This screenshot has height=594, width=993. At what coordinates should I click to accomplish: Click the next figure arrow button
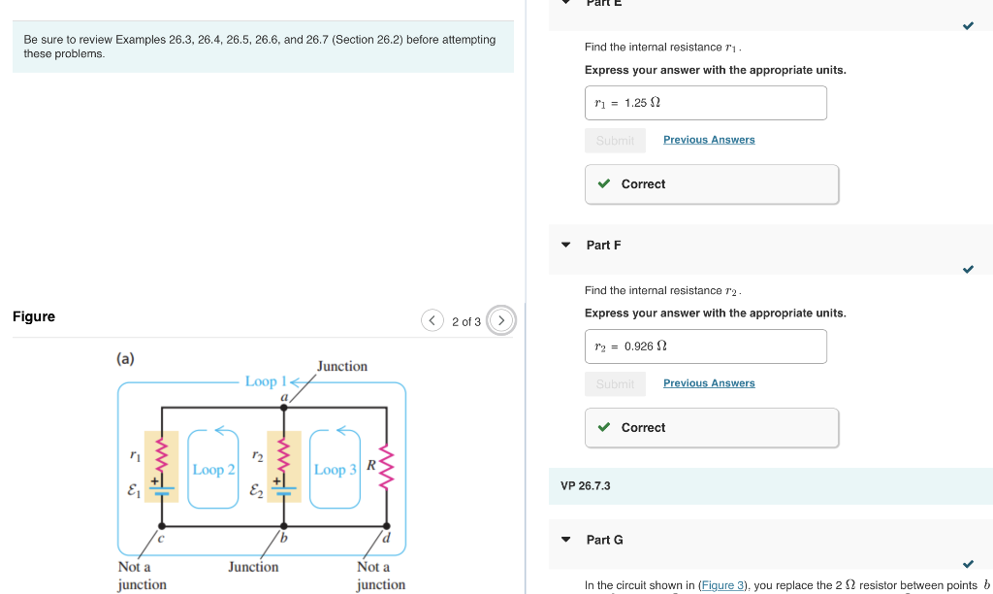(x=501, y=320)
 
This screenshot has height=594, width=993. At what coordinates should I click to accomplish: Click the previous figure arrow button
(x=432, y=320)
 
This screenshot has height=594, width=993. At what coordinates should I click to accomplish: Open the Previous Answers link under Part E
(x=709, y=140)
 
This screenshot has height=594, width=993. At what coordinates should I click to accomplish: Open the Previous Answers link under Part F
(x=709, y=383)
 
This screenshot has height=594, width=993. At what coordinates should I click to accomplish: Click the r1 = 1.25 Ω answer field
(x=705, y=103)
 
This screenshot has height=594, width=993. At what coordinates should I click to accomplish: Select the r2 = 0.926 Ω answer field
(x=705, y=346)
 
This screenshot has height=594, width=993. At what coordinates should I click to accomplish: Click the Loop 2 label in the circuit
(x=213, y=470)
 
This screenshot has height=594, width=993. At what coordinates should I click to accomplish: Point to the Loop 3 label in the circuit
(x=336, y=470)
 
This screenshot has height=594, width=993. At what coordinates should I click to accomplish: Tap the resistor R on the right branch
(x=387, y=470)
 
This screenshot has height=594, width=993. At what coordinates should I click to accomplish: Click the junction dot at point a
(x=284, y=410)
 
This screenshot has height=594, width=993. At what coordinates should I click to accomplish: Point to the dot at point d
(x=387, y=525)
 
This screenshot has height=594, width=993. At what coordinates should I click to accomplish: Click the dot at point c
(x=161, y=525)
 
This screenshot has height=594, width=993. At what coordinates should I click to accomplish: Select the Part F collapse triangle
(x=566, y=246)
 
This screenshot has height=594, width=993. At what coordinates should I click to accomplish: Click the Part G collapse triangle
(x=566, y=540)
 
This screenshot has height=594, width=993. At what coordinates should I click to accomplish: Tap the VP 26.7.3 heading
(x=585, y=485)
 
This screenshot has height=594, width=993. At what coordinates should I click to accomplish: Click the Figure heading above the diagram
(x=34, y=316)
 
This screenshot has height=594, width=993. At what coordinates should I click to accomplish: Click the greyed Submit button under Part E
(x=615, y=141)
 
